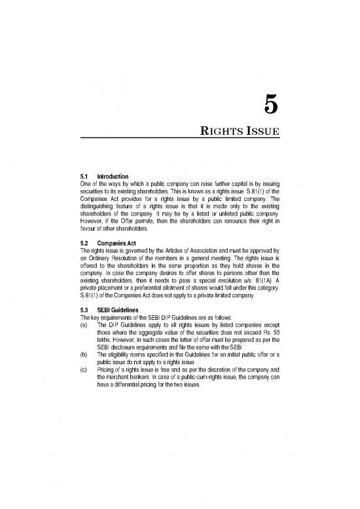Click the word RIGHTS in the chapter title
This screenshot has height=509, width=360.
222,133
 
